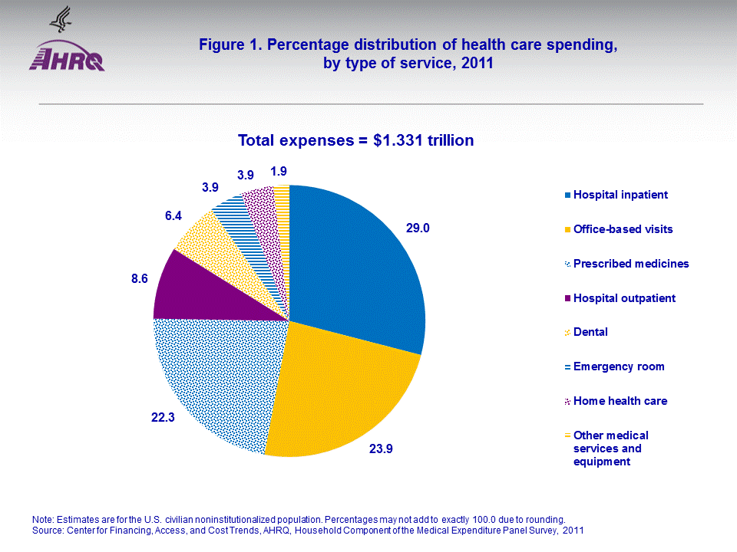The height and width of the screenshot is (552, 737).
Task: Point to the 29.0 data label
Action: pos(418,228)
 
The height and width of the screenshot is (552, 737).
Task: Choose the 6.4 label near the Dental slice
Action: pos(174,218)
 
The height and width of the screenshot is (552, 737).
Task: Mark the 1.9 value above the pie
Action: pos(279,171)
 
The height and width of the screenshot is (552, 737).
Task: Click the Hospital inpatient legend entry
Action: pos(620,195)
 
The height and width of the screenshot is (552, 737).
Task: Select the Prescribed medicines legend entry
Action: pos(631,264)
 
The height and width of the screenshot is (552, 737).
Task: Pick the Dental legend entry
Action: pos(590,332)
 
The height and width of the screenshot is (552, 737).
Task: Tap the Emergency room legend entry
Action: pos(618,366)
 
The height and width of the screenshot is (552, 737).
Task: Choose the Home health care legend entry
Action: pos(620,401)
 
